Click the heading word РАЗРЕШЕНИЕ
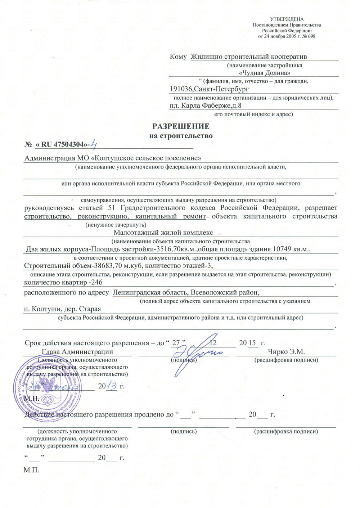(x=181, y=126)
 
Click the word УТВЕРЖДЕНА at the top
(x=287, y=19)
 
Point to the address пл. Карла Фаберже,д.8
(x=206, y=106)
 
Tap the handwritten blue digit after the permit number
(x=93, y=144)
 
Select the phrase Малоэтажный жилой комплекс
(x=163, y=233)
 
